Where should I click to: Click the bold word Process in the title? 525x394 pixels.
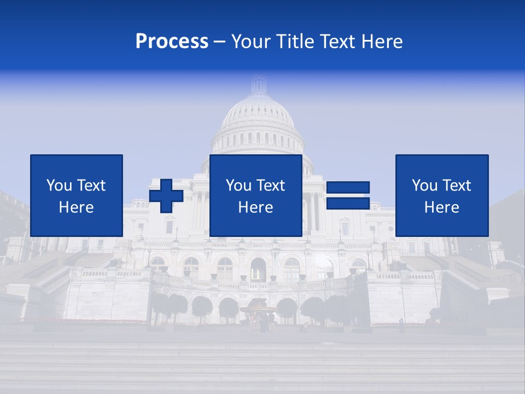(172, 42)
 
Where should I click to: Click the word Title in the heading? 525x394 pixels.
(295, 42)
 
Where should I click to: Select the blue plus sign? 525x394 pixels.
(166, 196)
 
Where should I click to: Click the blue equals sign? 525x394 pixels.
(348, 195)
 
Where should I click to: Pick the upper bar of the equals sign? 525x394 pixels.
(348, 188)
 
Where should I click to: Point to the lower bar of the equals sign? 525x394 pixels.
(348, 203)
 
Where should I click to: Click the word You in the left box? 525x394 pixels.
(59, 186)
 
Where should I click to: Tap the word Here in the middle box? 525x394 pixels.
(255, 207)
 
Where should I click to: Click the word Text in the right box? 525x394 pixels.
(457, 186)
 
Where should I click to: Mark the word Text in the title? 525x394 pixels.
(335, 42)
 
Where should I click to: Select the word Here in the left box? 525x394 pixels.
(77, 207)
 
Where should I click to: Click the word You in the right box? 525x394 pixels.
(424, 186)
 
